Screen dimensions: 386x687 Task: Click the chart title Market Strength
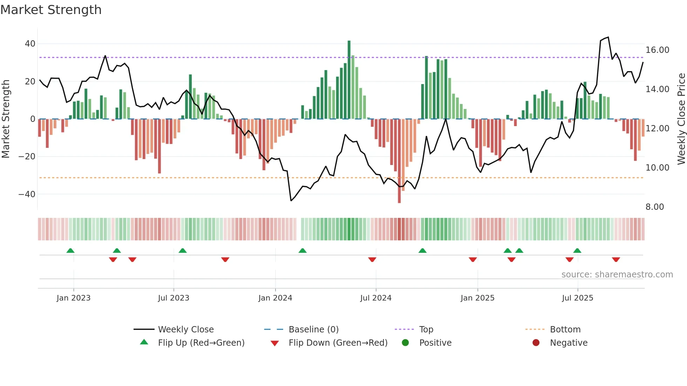(51, 10)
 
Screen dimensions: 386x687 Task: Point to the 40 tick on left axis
(30, 44)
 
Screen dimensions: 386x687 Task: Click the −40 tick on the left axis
(27, 194)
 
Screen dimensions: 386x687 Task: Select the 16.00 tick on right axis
(657, 50)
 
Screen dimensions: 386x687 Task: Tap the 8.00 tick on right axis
(654, 207)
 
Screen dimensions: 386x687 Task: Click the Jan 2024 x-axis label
(275, 298)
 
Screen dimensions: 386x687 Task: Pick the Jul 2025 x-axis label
(577, 298)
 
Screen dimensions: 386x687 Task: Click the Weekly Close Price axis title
(681, 119)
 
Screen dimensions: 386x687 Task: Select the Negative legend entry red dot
(536, 343)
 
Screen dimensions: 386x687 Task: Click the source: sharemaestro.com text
(617, 275)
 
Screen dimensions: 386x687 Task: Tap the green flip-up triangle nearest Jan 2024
(302, 250)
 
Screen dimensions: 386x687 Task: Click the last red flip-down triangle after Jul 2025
(616, 260)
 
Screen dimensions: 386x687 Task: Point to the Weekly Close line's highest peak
(608, 37)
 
